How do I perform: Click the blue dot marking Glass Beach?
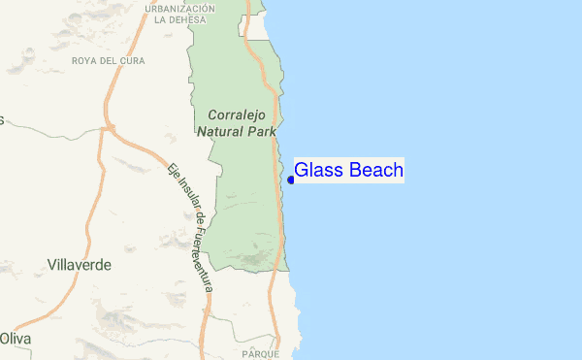tap(291, 179)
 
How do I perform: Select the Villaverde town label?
tap(80, 264)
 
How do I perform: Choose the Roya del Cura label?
tap(107, 60)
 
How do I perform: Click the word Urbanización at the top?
tap(179, 8)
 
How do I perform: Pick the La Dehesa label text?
tap(179, 19)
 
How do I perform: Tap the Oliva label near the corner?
tap(15, 339)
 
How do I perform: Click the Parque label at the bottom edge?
tap(261, 355)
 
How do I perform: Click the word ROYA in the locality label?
tap(85, 60)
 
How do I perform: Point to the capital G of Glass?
tap(301, 171)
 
